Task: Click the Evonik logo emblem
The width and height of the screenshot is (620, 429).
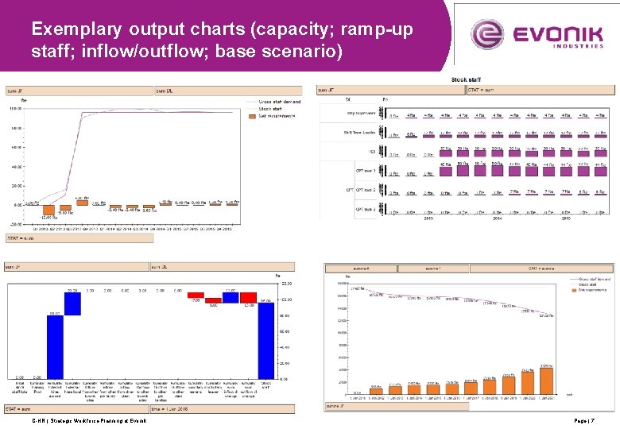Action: coord(488,35)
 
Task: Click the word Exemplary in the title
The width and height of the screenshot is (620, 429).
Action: coord(76,29)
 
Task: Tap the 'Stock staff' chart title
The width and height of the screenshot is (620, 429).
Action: coord(465,79)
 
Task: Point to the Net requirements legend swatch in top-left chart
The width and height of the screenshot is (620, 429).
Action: coord(253,116)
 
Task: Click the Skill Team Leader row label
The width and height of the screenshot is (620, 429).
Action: coord(358,133)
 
